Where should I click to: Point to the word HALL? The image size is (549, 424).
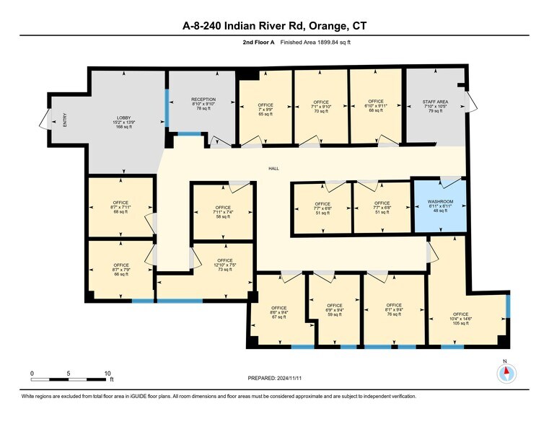point(273,169)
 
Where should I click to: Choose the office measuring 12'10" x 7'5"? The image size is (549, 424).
point(224,265)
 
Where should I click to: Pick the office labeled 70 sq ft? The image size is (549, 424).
point(321,107)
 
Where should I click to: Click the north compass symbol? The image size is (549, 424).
point(506,372)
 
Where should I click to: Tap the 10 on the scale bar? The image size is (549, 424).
point(107,373)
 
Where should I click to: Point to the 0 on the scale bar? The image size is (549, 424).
point(32,373)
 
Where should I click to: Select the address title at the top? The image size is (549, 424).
point(274,26)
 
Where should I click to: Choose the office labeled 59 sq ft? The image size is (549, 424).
point(334,310)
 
